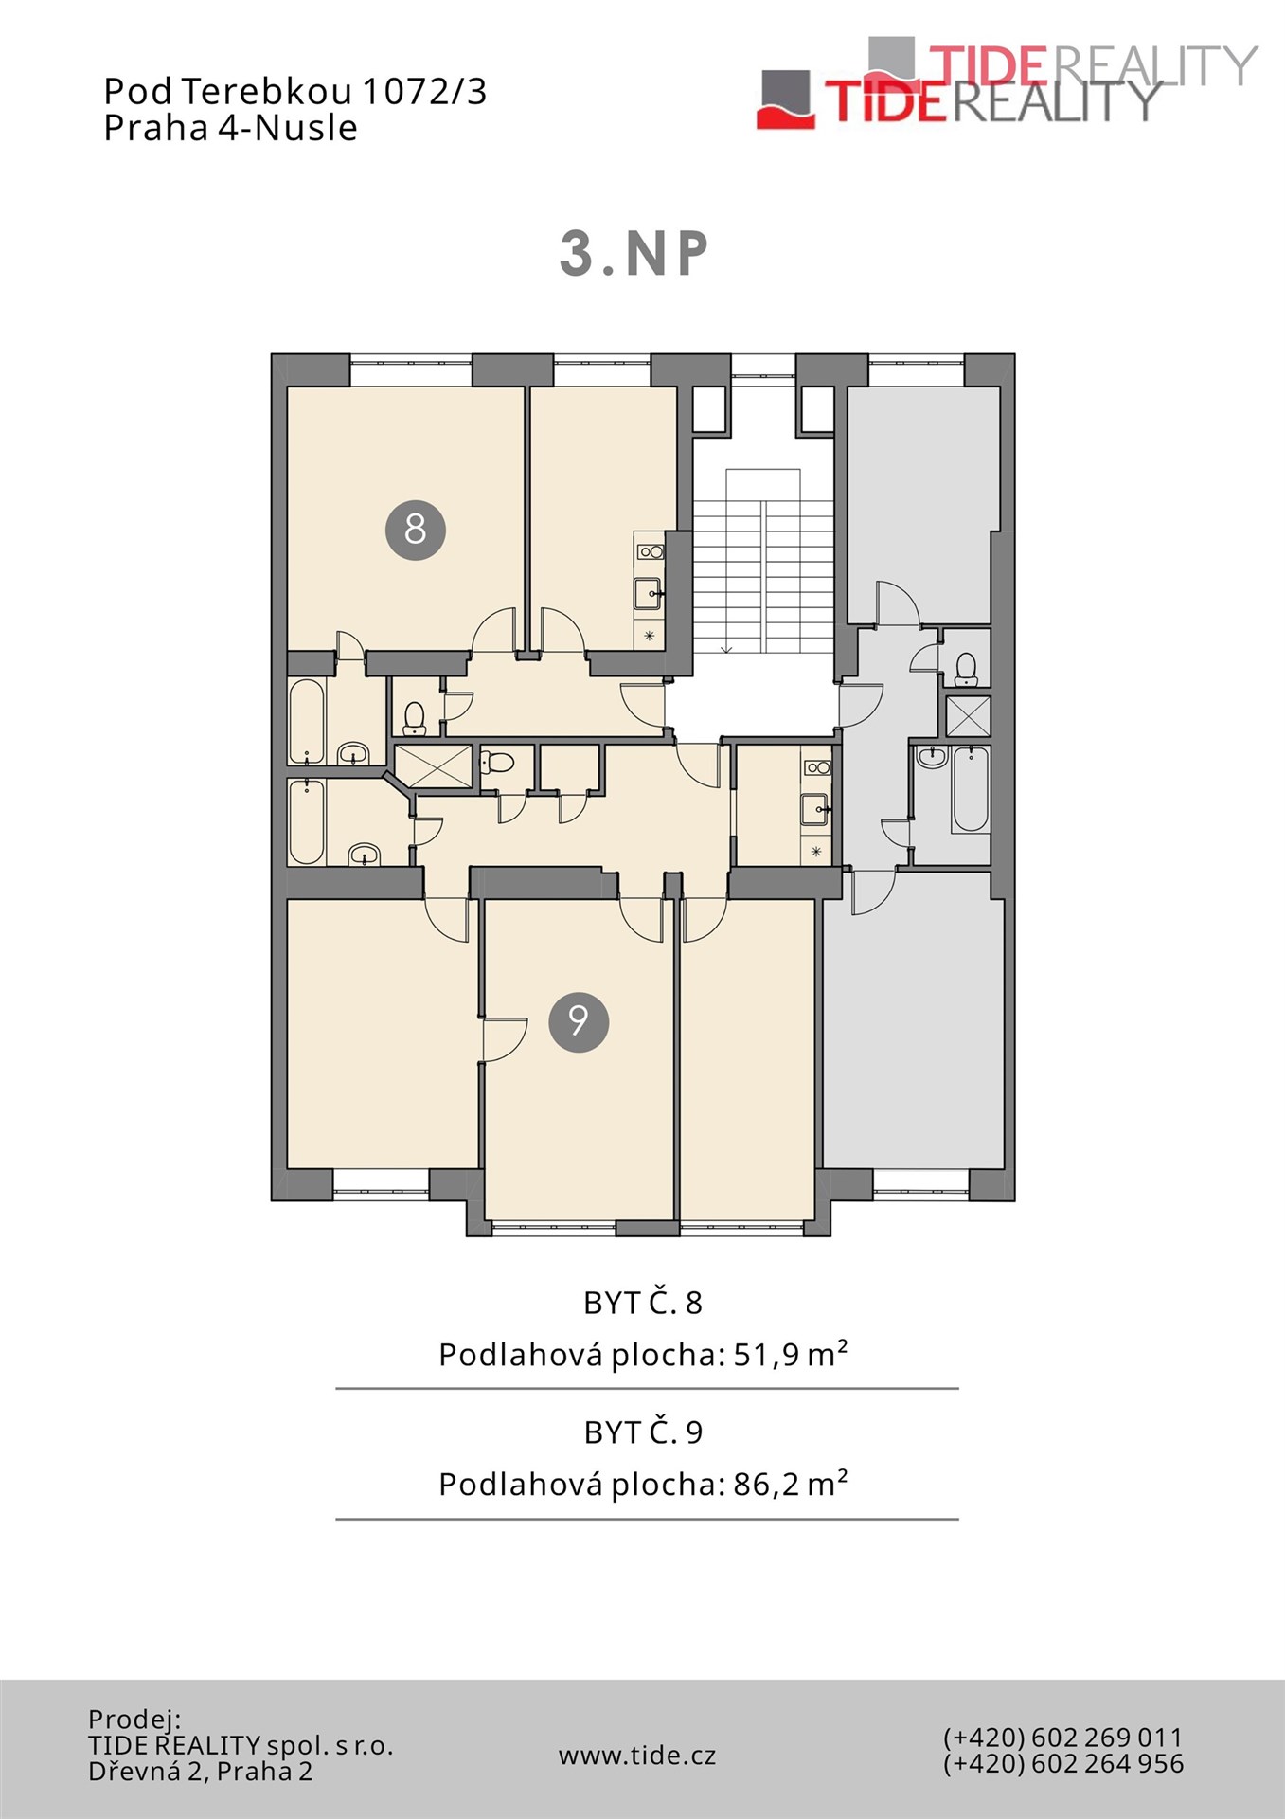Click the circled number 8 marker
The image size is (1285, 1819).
click(x=415, y=530)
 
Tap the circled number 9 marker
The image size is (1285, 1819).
click(x=578, y=1021)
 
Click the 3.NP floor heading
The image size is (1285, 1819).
click(x=634, y=254)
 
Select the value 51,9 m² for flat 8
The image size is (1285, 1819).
click(x=791, y=1355)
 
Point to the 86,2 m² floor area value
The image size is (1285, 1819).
click(x=791, y=1484)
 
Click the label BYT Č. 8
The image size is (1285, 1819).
click(x=643, y=1303)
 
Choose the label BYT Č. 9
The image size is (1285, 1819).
click(x=643, y=1432)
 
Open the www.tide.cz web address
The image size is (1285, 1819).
click(x=637, y=1756)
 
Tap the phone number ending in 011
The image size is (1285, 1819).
click(x=1062, y=1738)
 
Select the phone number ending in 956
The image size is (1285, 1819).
click(x=1062, y=1764)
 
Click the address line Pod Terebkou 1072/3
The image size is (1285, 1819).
click(x=294, y=91)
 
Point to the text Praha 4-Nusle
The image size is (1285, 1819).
click(x=230, y=128)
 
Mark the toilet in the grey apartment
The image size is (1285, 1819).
click(x=966, y=669)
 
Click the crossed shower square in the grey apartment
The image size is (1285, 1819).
click(x=968, y=716)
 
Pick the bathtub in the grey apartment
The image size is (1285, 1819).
click(x=971, y=789)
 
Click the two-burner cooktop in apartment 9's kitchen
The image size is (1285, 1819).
click(x=816, y=768)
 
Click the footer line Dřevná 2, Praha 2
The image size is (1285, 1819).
click(x=200, y=1772)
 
